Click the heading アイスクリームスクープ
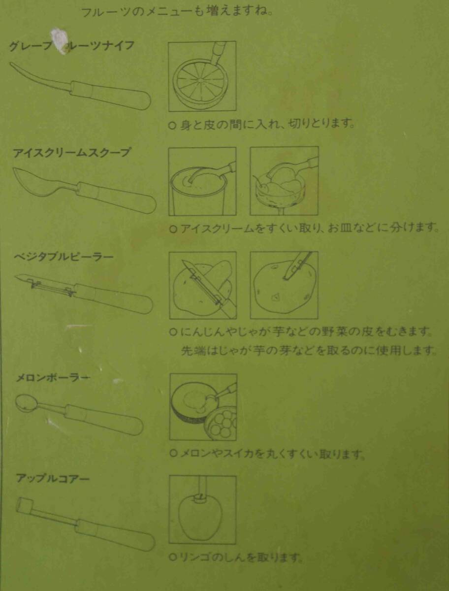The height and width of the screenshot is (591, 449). [72, 153]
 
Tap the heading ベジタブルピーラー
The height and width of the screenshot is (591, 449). [64, 257]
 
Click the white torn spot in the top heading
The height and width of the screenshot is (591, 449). [61, 38]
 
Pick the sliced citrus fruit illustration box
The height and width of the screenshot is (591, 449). [202, 76]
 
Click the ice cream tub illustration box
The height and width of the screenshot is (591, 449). [202, 181]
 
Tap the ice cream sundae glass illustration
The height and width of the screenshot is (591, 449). [284, 181]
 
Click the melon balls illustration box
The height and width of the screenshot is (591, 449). [203, 407]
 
